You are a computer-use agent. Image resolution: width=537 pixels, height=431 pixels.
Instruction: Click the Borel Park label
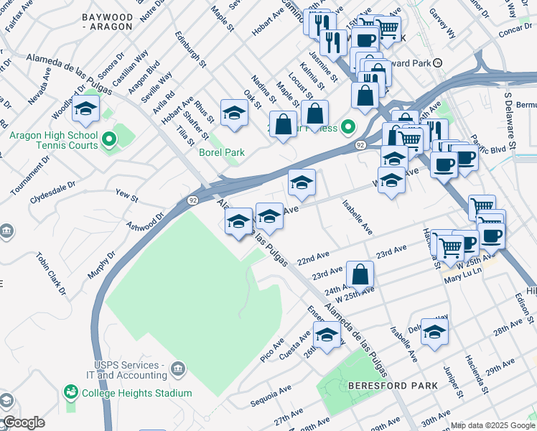coord(222,152)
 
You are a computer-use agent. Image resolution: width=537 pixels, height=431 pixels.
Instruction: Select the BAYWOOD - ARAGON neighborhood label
coord(108,21)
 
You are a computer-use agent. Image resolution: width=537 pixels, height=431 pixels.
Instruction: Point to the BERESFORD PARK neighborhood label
coord(393,386)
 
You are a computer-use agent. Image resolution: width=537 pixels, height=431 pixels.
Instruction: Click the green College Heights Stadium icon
coord(71,392)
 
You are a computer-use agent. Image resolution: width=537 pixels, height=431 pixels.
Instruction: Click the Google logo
coord(23,422)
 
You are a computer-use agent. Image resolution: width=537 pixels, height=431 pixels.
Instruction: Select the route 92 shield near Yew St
coord(193,200)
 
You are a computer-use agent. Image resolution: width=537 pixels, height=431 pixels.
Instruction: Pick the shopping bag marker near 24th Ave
coord(360,275)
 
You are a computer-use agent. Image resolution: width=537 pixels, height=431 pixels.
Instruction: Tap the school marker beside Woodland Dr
coord(86,109)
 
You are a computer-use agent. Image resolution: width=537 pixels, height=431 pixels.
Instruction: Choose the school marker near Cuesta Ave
coord(327,335)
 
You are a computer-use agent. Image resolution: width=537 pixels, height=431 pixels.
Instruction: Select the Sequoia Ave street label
coord(271,394)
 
